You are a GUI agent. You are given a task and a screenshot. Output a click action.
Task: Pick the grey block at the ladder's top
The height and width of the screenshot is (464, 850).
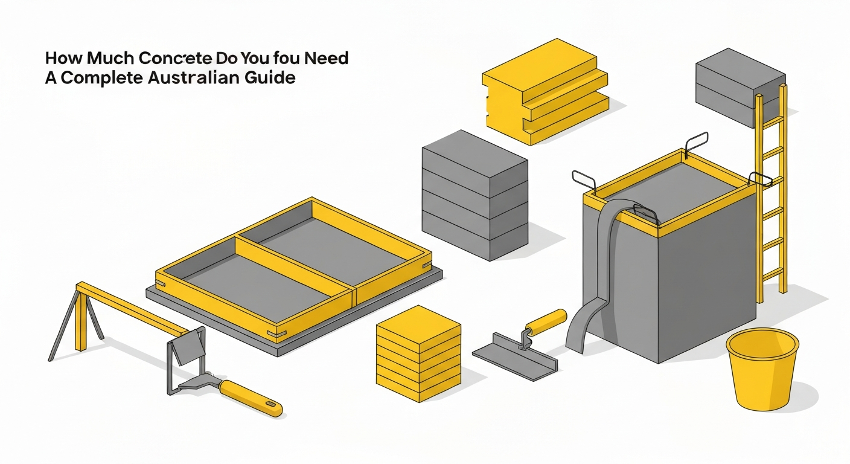[x=740, y=85]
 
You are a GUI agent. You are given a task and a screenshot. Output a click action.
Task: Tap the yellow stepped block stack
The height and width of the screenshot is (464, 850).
[x=543, y=91]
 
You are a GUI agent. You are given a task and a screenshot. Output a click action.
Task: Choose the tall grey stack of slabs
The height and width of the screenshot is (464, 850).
[x=474, y=193]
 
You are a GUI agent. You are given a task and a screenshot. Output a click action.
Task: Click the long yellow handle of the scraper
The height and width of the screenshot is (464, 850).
[x=251, y=398]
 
